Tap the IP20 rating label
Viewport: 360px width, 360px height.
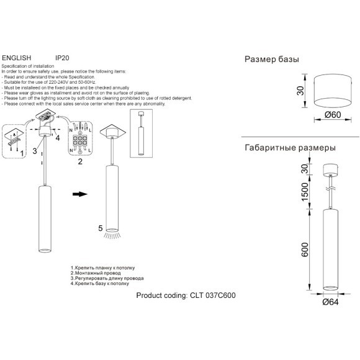click(63, 56)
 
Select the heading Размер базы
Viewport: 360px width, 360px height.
click(272, 60)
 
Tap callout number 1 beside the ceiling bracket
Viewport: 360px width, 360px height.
click(22, 152)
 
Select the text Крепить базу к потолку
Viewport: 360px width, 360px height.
click(102, 284)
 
